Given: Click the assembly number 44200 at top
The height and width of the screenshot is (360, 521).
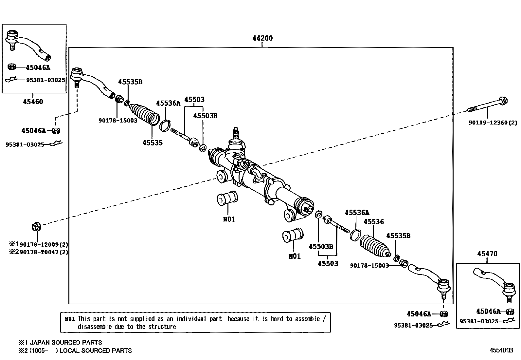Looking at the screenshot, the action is tap(262, 38).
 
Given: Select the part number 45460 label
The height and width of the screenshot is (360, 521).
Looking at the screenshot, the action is tap(33, 102).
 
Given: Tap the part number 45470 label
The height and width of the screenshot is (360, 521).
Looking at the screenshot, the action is tap(487, 254).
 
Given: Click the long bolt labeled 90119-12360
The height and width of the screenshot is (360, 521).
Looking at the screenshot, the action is tap(488, 105).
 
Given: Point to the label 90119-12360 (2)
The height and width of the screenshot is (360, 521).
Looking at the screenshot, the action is tap(493, 123).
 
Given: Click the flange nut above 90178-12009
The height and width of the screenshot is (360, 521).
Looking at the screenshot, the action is tap(36, 227).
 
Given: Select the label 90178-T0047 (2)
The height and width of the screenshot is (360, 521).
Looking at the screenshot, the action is tap(44, 252).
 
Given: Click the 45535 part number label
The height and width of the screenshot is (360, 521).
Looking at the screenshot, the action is tap(153, 143).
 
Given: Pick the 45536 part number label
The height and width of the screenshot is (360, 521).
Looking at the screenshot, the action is tap(374, 222).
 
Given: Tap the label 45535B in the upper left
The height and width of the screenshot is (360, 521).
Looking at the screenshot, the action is tap(130, 82).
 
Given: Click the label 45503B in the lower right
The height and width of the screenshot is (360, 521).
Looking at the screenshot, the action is tap(321, 247).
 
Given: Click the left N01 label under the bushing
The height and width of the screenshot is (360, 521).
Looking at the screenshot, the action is tap(229, 219).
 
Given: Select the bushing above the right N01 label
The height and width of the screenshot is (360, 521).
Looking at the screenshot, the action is tap(293, 235).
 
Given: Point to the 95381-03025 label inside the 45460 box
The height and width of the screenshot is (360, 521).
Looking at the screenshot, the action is tap(45, 80).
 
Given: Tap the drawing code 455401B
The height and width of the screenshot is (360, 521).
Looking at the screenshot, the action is tap(501, 350).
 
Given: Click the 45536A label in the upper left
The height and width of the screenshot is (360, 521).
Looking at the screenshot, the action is tap(168, 104).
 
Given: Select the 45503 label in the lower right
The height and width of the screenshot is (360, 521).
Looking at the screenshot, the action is tap(328, 264).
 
